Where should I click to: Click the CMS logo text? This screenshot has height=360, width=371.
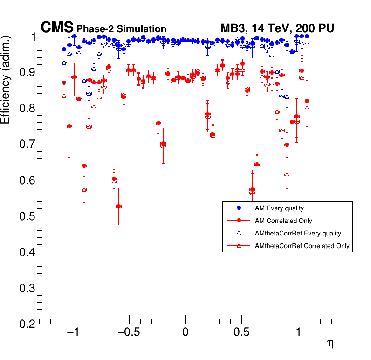point(57,28)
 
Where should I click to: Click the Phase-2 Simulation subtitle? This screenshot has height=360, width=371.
point(121,29)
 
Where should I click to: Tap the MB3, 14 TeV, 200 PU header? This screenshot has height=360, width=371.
point(277,28)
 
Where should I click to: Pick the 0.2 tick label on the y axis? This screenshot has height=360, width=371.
point(27,324)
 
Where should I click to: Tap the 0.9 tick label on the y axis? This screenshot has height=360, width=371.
point(27,72)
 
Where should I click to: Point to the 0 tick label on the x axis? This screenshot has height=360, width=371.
point(185,333)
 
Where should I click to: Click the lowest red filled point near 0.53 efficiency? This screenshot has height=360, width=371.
point(119,206)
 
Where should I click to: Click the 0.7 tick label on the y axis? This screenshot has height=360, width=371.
point(27,144)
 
